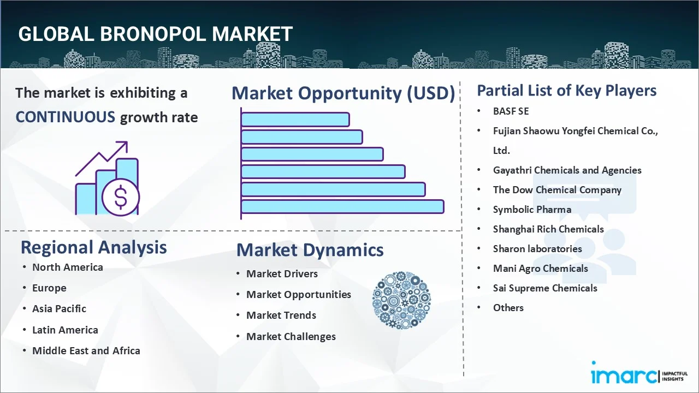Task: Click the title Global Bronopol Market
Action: point(155,34)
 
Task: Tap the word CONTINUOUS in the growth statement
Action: point(65,117)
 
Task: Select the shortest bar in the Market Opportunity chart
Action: point(295,119)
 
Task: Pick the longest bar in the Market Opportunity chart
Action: point(342,206)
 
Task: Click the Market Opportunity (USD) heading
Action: point(343,93)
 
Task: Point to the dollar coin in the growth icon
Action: point(121,197)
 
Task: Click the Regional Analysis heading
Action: point(93,247)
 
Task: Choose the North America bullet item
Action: point(67,267)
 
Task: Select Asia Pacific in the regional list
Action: point(59,308)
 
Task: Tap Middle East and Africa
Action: point(86,350)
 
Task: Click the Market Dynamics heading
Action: point(310,250)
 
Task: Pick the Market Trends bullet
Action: point(281,315)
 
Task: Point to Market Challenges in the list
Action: point(291,336)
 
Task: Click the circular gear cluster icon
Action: point(401,300)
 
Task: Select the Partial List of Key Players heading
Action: point(567,90)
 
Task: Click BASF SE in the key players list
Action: point(511,111)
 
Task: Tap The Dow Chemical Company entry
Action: point(557,189)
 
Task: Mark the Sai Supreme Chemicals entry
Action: point(545,288)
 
